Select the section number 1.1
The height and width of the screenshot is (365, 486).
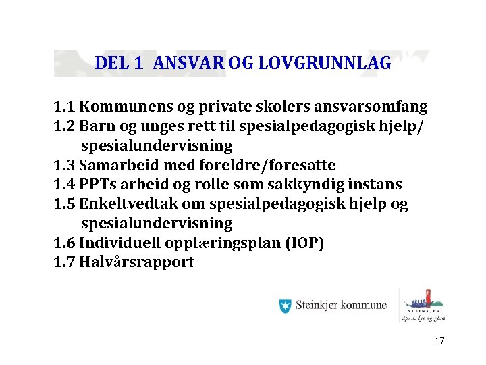(x=65, y=107)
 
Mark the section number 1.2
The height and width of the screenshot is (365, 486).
(x=65, y=126)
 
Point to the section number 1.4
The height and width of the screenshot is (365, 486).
(x=65, y=185)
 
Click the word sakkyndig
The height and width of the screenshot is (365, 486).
(x=319, y=185)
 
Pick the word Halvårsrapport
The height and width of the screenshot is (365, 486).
(x=137, y=262)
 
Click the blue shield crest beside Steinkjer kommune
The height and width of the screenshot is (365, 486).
(x=286, y=306)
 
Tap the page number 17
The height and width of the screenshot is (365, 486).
(x=439, y=341)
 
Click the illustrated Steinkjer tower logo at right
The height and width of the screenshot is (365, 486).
(x=425, y=303)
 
